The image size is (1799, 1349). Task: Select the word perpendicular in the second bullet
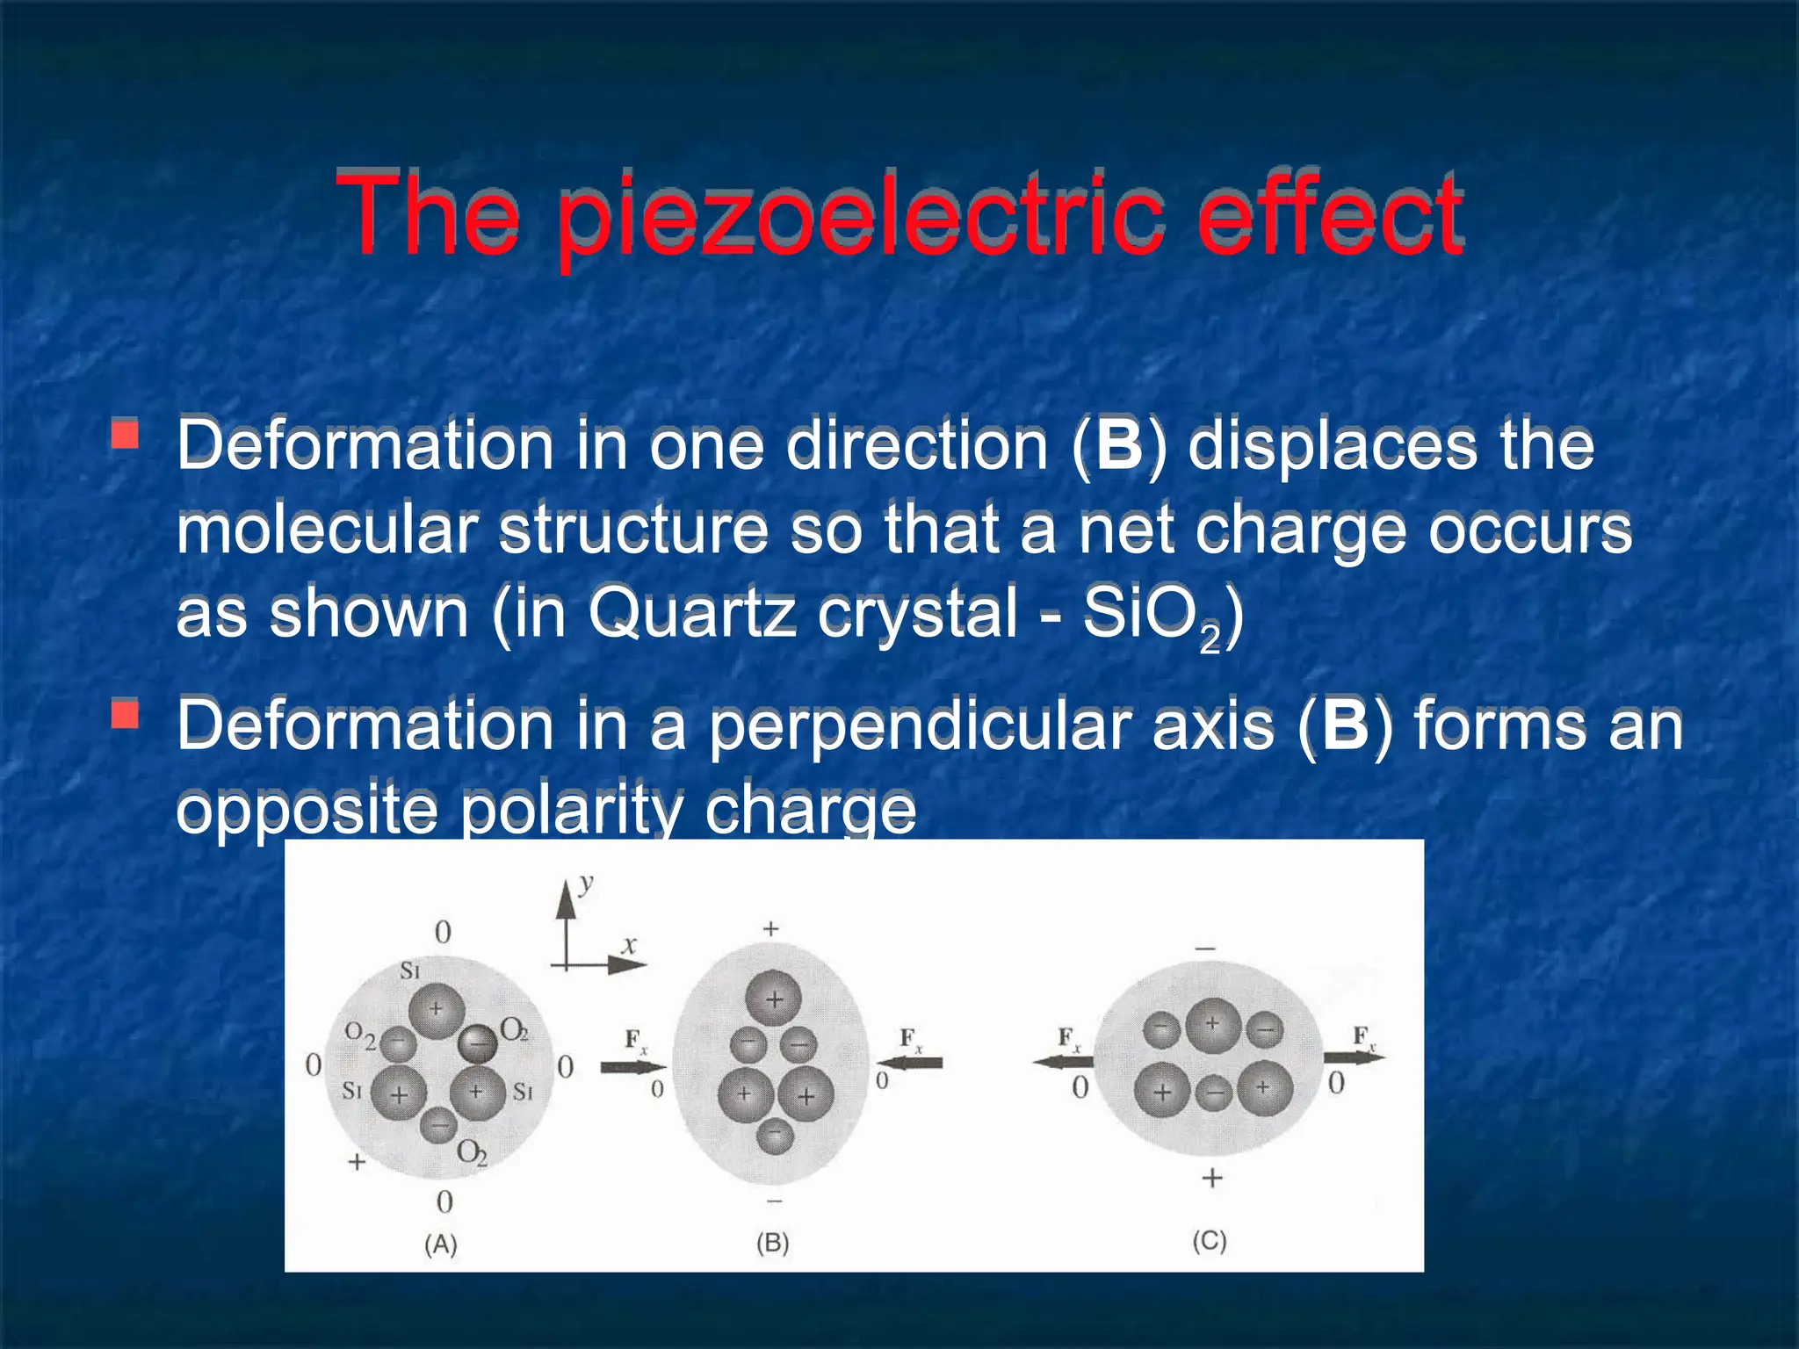(919, 726)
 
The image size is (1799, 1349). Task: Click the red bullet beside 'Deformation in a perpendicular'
(126, 714)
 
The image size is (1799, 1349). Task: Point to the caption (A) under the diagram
(441, 1244)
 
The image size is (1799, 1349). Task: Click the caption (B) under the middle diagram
(773, 1243)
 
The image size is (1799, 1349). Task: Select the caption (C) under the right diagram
(1209, 1241)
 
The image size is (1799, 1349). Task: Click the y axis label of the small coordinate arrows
(587, 884)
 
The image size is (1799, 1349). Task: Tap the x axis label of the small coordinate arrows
(629, 945)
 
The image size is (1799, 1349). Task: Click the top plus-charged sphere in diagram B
(773, 999)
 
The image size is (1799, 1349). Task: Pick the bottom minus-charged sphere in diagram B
(774, 1135)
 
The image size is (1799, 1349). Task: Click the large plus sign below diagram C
(1211, 1178)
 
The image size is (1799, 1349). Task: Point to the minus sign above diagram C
(1205, 949)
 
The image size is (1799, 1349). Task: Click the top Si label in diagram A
(410, 970)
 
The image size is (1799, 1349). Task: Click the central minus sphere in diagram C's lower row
(1213, 1093)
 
